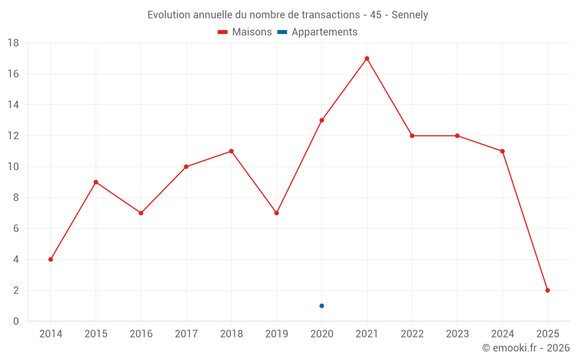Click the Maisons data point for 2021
(x=367, y=58)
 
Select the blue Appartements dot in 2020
(x=321, y=306)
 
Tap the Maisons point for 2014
(x=51, y=259)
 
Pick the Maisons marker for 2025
(x=547, y=290)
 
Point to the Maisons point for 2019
(x=276, y=213)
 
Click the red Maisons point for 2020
(x=321, y=120)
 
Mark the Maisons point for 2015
(x=96, y=182)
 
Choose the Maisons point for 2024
(x=502, y=151)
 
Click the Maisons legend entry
(x=245, y=32)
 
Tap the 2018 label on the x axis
(x=231, y=334)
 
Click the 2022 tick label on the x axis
(x=412, y=334)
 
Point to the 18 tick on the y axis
(x=13, y=43)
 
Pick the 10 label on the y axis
(x=13, y=167)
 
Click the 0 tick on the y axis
(x=16, y=321)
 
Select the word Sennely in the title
(x=410, y=15)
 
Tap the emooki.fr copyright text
(x=526, y=348)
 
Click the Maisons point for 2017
(x=186, y=166)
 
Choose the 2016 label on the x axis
(x=141, y=334)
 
